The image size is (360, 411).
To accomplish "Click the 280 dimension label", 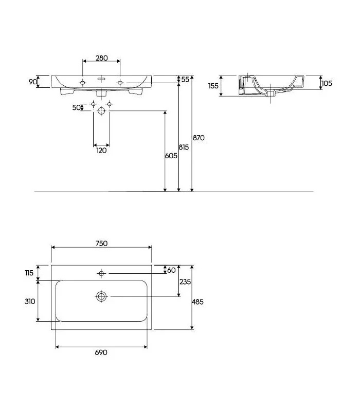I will (101, 58).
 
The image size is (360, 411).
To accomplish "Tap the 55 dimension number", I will (185, 80).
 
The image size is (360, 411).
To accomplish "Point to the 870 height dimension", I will (199, 138).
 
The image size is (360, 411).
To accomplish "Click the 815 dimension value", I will (184, 147).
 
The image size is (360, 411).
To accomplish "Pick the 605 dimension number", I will (172, 156).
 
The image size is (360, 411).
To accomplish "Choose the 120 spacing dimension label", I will (101, 150).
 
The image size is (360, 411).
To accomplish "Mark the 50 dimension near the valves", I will (77, 107).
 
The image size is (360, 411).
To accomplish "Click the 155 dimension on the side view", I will (213, 86).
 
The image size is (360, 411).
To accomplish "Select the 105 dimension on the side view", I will (327, 83).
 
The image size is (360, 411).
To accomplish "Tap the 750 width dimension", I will (101, 244).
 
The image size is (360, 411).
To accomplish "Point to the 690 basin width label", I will (101, 352).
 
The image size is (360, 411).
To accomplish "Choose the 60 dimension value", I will (171, 270).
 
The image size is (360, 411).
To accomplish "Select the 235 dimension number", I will (186, 282).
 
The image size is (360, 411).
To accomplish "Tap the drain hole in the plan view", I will (101, 296).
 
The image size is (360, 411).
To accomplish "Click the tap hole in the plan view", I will (101, 273).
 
